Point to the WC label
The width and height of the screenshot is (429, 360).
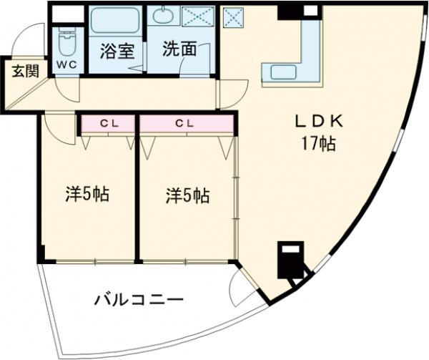[x=67, y=64]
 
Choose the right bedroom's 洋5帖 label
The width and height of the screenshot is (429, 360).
[x=188, y=195]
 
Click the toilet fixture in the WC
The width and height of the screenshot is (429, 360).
[x=67, y=42]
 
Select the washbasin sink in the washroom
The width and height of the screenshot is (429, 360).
[x=163, y=15]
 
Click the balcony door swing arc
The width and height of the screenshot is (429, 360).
[x=241, y=288]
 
